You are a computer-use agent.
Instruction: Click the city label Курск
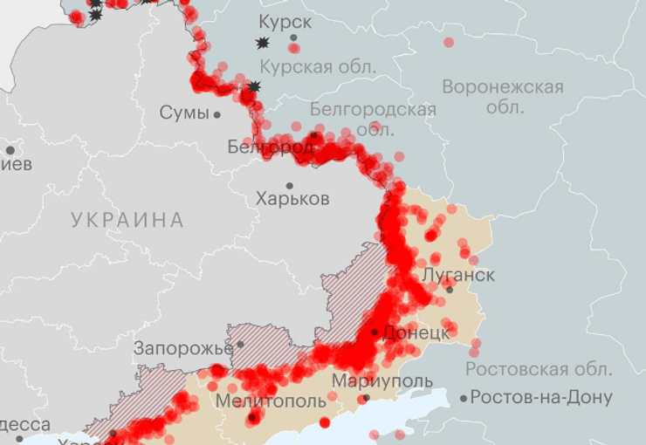click(285, 21)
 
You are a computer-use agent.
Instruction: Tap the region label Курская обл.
click(319, 66)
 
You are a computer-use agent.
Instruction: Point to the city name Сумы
click(184, 113)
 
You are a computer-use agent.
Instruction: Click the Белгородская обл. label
click(373, 109)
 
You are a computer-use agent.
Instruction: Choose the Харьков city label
click(293, 199)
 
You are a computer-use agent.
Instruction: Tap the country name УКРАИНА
click(127, 220)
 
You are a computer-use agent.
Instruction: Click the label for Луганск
click(458, 275)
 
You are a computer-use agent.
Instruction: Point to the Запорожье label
click(183, 349)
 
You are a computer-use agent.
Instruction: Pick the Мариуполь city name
click(381, 381)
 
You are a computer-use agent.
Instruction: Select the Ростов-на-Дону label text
click(541, 398)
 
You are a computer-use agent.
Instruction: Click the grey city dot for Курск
click(293, 38)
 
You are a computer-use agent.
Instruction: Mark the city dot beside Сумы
click(217, 114)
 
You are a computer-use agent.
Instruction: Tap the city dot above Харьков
click(290, 185)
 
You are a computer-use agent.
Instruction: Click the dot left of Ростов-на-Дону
click(464, 398)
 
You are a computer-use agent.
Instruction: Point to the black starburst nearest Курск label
click(261, 43)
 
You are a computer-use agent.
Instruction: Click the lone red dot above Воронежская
click(449, 42)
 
